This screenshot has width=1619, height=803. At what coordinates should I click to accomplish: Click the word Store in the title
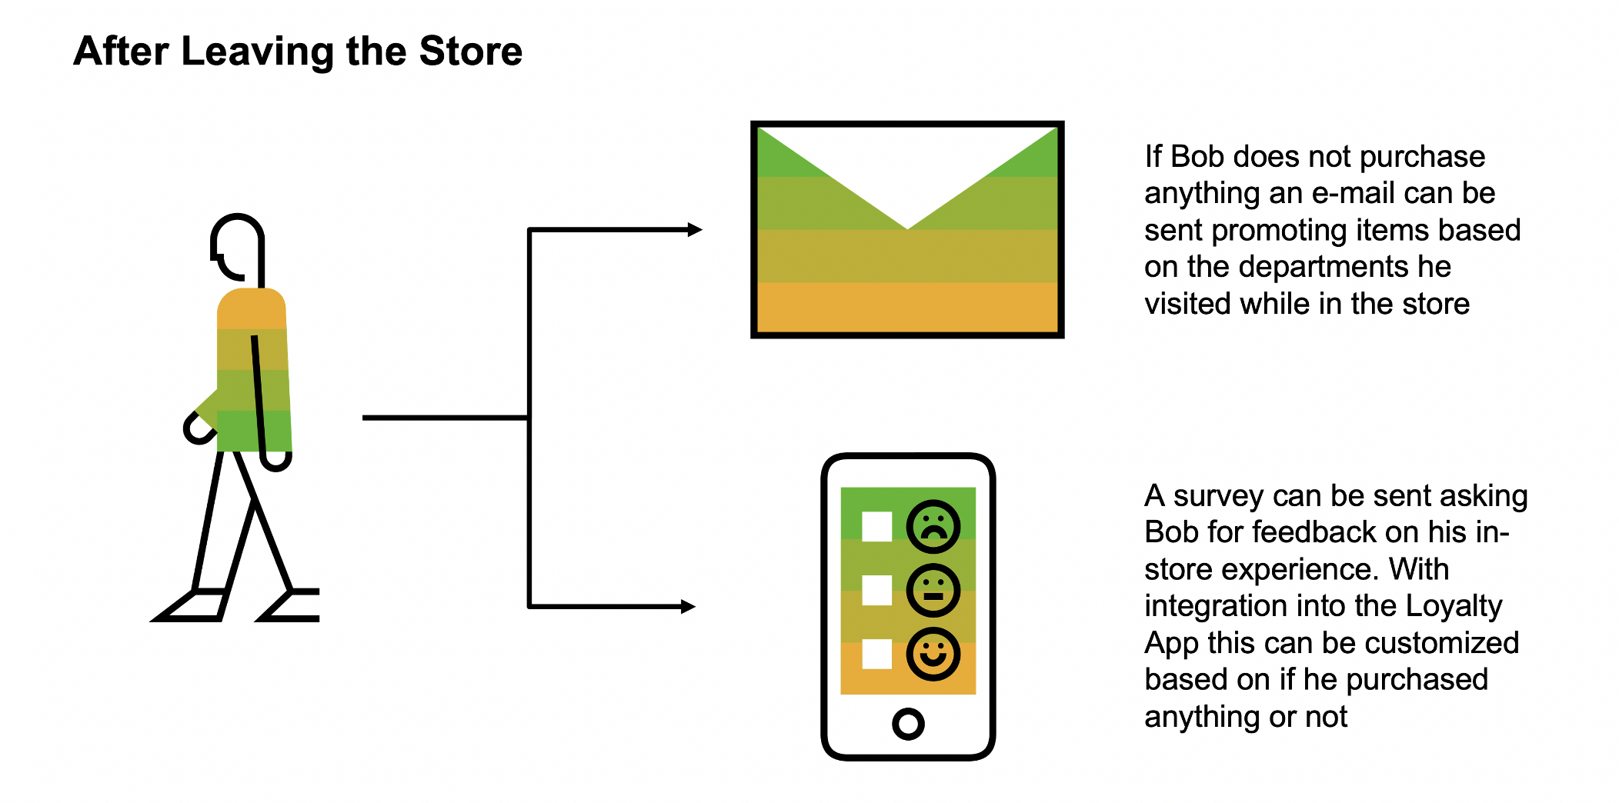coord(470,52)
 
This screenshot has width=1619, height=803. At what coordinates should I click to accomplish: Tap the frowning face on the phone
coord(933,527)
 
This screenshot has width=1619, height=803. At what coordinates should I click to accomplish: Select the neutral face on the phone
coord(933,591)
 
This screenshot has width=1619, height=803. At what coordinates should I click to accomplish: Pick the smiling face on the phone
coord(933,655)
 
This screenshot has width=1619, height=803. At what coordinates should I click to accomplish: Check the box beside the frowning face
coord(876,527)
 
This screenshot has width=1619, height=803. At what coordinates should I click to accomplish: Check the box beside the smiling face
coord(876,655)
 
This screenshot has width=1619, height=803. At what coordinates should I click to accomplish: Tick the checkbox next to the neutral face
coord(876,591)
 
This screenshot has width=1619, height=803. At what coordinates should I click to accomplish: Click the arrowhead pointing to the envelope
coord(695,229)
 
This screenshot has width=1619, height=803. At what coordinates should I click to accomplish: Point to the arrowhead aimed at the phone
coord(688,607)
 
